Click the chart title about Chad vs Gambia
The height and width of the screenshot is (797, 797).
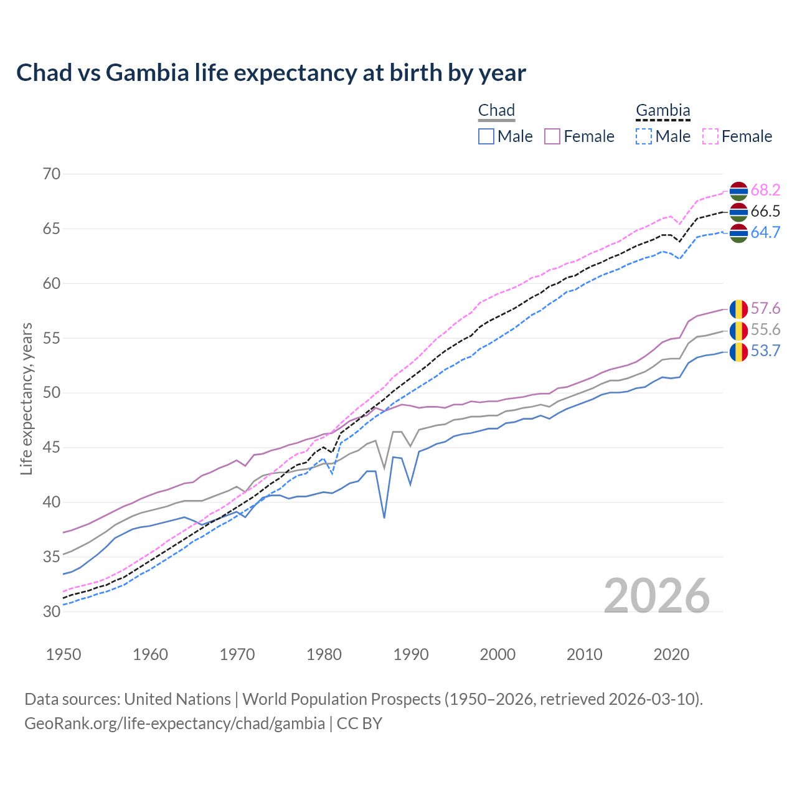[271, 73]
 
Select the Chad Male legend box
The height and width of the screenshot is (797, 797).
[486, 136]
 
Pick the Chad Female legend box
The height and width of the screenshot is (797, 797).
[552, 136]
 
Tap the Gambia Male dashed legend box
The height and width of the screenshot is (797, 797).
[644, 136]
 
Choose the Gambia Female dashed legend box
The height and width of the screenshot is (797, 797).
[710, 136]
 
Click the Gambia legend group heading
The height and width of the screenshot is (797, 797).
[663, 111]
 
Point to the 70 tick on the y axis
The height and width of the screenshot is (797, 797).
[52, 174]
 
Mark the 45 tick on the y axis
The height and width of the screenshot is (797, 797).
[52, 447]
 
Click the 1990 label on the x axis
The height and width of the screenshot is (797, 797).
[411, 654]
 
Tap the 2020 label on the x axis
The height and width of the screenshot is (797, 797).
[671, 654]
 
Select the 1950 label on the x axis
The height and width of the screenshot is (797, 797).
[64, 654]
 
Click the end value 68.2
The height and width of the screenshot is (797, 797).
[765, 191]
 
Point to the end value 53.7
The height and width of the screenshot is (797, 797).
[765, 351]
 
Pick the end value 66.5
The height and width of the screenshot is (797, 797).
[765, 212]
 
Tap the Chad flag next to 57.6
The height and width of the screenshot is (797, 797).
[738, 309]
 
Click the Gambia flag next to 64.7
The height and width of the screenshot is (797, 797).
[738, 233]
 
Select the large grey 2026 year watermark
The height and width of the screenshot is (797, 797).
[656, 596]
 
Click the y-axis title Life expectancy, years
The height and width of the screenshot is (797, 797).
[26, 398]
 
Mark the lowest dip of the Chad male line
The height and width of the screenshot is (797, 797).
[384, 517]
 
